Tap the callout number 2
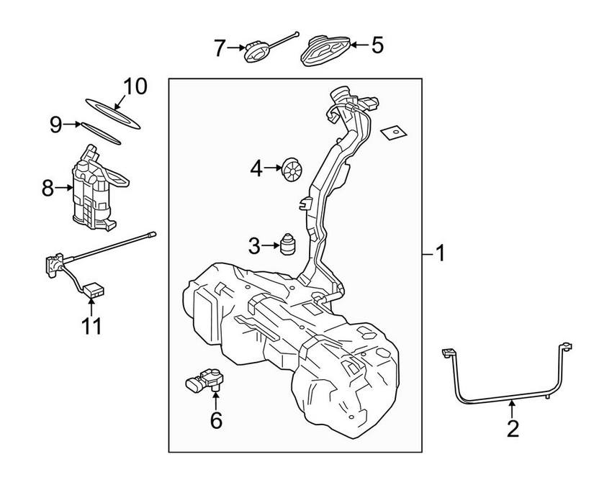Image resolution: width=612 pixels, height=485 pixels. tap(512, 429)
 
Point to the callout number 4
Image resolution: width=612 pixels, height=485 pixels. tap(257, 170)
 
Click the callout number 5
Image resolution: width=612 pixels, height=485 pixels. tap(377, 46)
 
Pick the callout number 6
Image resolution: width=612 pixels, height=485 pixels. tap(216, 419)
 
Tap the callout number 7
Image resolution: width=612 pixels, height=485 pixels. tap(221, 48)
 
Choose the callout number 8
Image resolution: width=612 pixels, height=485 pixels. tap(48, 189)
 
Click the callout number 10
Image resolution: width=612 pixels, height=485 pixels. tap(134, 87)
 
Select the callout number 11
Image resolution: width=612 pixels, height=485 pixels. tap(91, 325)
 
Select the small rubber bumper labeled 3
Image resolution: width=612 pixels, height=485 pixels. tap(289, 243)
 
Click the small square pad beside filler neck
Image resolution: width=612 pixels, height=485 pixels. tap(391, 132)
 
